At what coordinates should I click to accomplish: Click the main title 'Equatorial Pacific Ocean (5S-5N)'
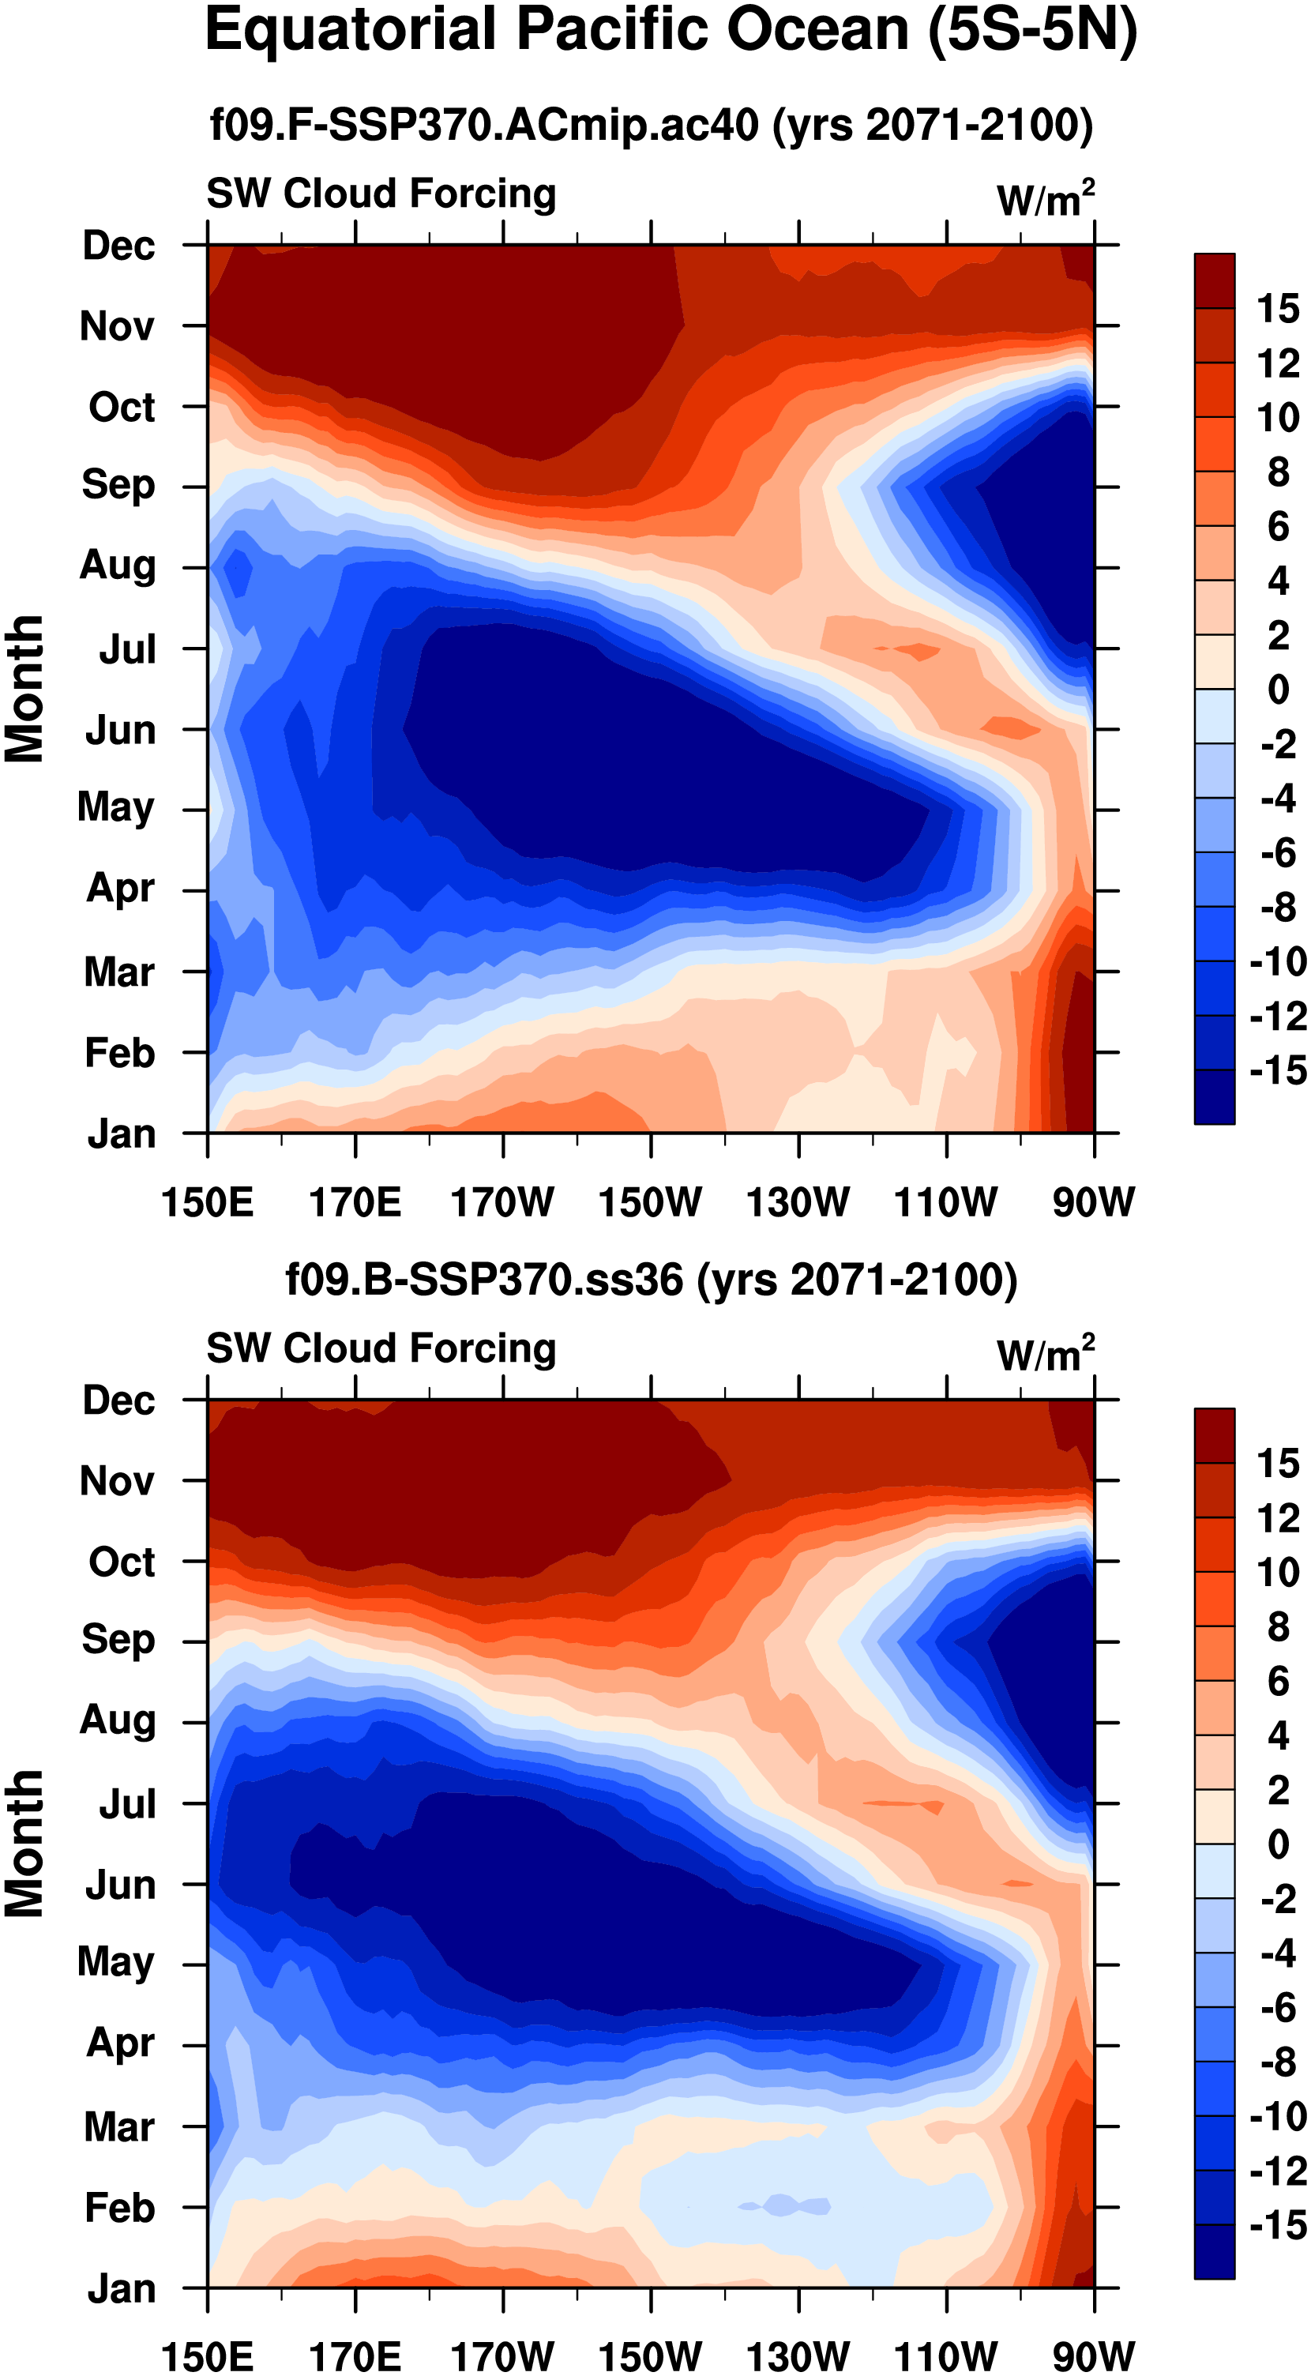pos(671,31)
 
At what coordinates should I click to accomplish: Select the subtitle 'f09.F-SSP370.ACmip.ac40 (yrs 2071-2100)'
pos(651,125)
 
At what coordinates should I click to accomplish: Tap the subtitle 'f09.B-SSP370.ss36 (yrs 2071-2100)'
pos(651,1280)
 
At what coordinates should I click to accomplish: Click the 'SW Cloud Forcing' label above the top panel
pos(381,194)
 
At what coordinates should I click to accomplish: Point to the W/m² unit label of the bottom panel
pos(1046,1354)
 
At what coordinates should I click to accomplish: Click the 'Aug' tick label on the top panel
pos(118,565)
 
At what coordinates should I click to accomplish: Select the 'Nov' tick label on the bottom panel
pos(117,1481)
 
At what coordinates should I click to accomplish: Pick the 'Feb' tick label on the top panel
pos(120,1052)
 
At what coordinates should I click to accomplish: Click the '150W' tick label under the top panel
pos(650,1202)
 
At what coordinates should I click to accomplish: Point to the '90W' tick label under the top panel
pos(1094,1202)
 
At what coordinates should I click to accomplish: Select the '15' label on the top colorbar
pos(1278,309)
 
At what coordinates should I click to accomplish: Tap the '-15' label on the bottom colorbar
pos(1278,2226)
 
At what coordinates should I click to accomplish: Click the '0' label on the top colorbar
pos(1278,690)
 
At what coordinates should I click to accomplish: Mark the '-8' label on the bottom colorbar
pos(1278,2062)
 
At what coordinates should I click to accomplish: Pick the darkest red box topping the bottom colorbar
pos(1214,1435)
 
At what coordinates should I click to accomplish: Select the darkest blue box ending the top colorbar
pos(1214,1096)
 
